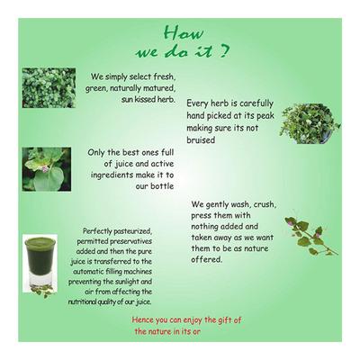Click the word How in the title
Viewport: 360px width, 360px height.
(x=184, y=32)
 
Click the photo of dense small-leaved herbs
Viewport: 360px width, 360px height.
(x=49, y=87)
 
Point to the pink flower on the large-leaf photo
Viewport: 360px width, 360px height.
(x=45, y=169)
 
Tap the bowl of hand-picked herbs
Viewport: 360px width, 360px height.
(x=310, y=123)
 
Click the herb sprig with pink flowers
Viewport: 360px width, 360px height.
(x=310, y=236)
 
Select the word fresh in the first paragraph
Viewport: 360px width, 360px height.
(x=164, y=76)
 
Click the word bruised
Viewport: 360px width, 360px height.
(x=201, y=140)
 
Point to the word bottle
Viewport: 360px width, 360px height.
(x=162, y=186)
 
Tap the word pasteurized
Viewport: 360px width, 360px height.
(x=132, y=231)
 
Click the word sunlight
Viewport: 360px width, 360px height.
(x=121, y=282)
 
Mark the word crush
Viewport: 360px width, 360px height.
(x=265, y=204)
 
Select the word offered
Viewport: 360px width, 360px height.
(x=207, y=259)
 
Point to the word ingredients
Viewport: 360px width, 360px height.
(x=112, y=175)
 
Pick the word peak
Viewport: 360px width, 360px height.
(x=265, y=116)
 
